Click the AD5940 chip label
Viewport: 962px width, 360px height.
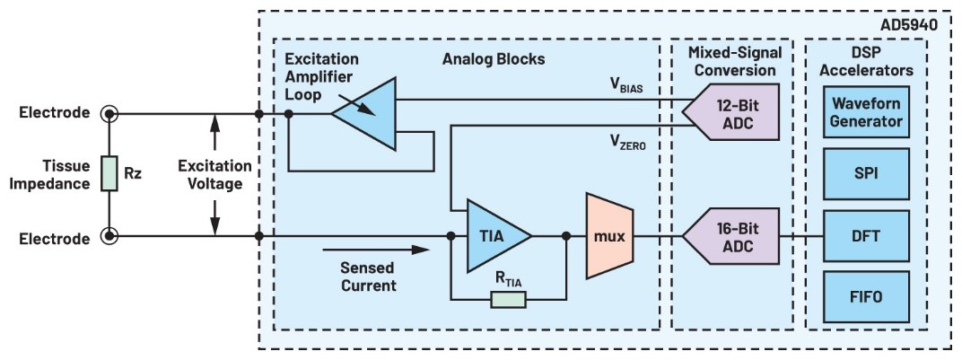pyautogui.click(x=906, y=25)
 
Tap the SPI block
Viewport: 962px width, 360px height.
pyautogui.click(x=867, y=172)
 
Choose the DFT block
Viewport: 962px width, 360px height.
pyautogui.click(x=867, y=235)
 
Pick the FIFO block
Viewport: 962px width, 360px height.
pyautogui.click(x=867, y=297)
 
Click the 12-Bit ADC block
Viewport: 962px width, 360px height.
pyautogui.click(x=731, y=114)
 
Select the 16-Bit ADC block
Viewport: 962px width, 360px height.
pyautogui.click(x=731, y=237)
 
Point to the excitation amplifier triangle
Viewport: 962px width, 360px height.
pyautogui.click(x=368, y=113)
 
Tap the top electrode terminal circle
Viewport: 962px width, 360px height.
pyautogui.click(x=109, y=114)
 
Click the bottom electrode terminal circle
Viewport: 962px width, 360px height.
pyautogui.click(x=109, y=238)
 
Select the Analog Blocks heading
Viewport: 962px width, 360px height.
pyautogui.click(x=494, y=59)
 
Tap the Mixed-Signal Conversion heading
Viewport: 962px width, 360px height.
pyautogui.click(x=731, y=62)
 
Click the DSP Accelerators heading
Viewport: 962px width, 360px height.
pyautogui.click(x=867, y=62)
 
